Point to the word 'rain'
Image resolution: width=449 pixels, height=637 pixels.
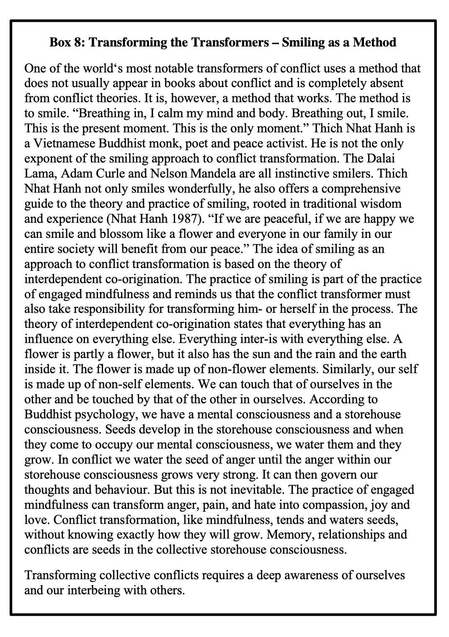pos(307,354)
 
